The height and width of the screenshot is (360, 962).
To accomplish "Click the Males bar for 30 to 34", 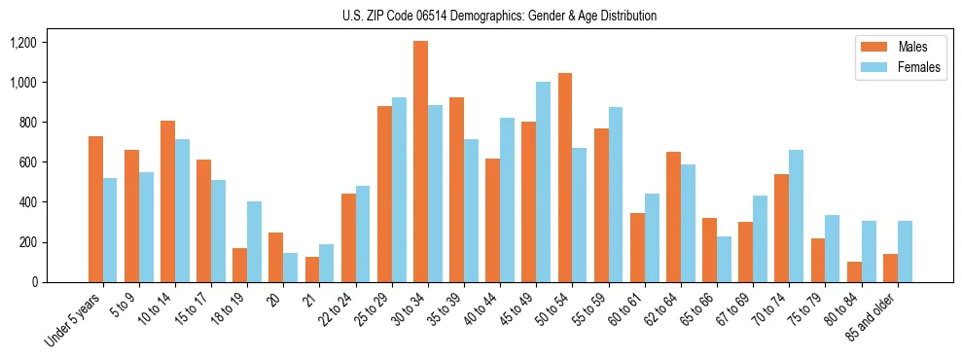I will (x=420, y=162).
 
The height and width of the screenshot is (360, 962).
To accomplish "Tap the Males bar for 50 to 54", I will (x=565, y=177).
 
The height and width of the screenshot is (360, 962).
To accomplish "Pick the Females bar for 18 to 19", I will (x=254, y=241).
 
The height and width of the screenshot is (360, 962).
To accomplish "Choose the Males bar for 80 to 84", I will (x=854, y=271).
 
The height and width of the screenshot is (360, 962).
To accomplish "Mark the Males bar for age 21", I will (x=312, y=270).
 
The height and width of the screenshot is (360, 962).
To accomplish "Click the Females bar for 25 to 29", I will (x=399, y=190).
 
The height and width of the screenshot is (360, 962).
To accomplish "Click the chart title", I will (x=499, y=16).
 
